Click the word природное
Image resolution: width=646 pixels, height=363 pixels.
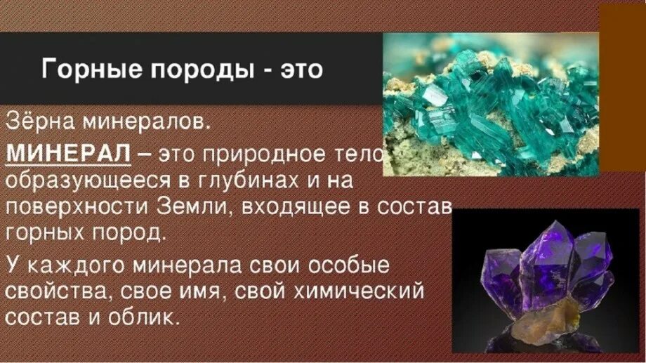pyautogui.click(x=268, y=153)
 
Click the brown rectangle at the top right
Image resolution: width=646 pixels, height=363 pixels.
pyautogui.click(x=622, y=88)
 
